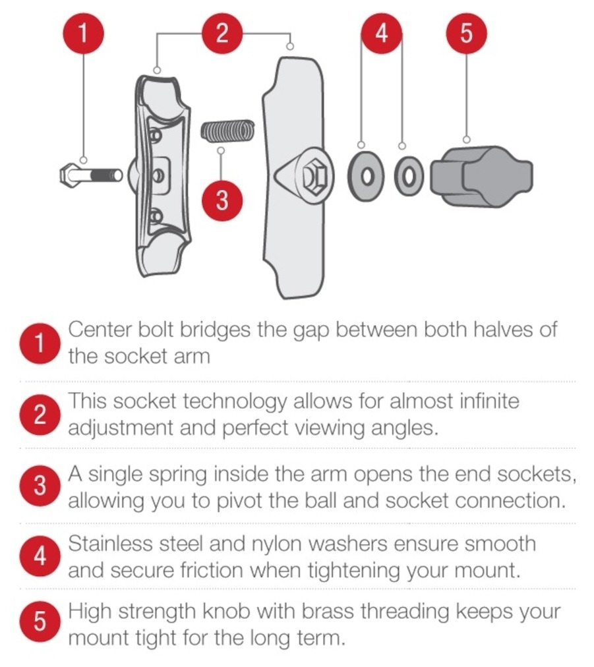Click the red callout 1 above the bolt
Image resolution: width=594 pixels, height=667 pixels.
coord(84,33)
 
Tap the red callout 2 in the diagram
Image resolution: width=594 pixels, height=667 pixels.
coord(222,33)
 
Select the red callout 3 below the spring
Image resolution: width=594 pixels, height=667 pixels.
coord(222,200)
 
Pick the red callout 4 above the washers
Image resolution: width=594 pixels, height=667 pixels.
coord(382,33)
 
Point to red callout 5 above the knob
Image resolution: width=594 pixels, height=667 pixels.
coord(466,33)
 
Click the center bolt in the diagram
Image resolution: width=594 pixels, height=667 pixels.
coord(90,175)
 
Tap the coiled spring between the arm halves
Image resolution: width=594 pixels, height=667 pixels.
coord(227,130)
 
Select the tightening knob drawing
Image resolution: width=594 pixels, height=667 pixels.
coord(482,176)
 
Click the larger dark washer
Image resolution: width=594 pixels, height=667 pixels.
coord(368,175)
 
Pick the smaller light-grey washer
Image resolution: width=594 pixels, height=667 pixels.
coord(409,176)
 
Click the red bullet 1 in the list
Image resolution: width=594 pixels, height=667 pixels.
coord(39,343)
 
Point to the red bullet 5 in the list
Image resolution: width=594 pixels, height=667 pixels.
coord(39,622)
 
